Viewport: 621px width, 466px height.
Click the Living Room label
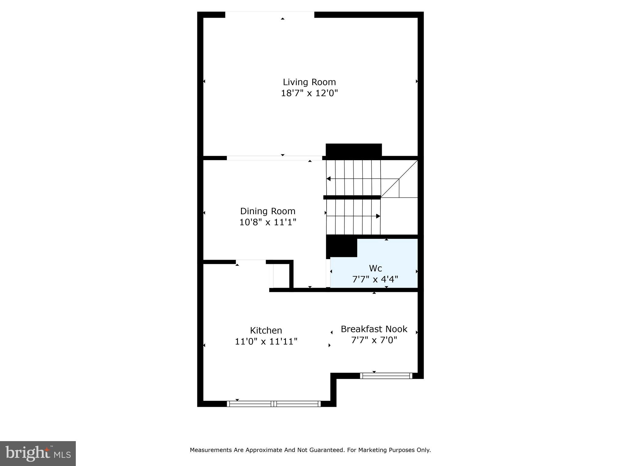309,82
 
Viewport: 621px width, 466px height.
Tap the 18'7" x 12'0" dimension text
309,93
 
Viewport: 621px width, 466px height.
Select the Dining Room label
268,211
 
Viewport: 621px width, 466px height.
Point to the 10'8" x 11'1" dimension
268,222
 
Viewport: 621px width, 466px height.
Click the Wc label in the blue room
375,268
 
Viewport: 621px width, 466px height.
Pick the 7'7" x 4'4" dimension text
375,279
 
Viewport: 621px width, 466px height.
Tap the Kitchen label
266,330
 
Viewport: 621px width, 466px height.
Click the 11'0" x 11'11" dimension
266,342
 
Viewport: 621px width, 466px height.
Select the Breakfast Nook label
374,329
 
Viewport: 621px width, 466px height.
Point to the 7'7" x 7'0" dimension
374,340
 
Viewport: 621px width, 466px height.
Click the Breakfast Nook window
386,376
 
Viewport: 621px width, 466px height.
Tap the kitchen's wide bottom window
274,404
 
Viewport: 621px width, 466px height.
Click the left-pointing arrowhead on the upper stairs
328,179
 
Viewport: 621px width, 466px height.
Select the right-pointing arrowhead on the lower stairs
378,216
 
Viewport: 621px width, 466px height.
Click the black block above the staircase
354,150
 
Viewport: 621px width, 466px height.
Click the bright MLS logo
38,454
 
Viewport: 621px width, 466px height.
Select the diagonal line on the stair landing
399,179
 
